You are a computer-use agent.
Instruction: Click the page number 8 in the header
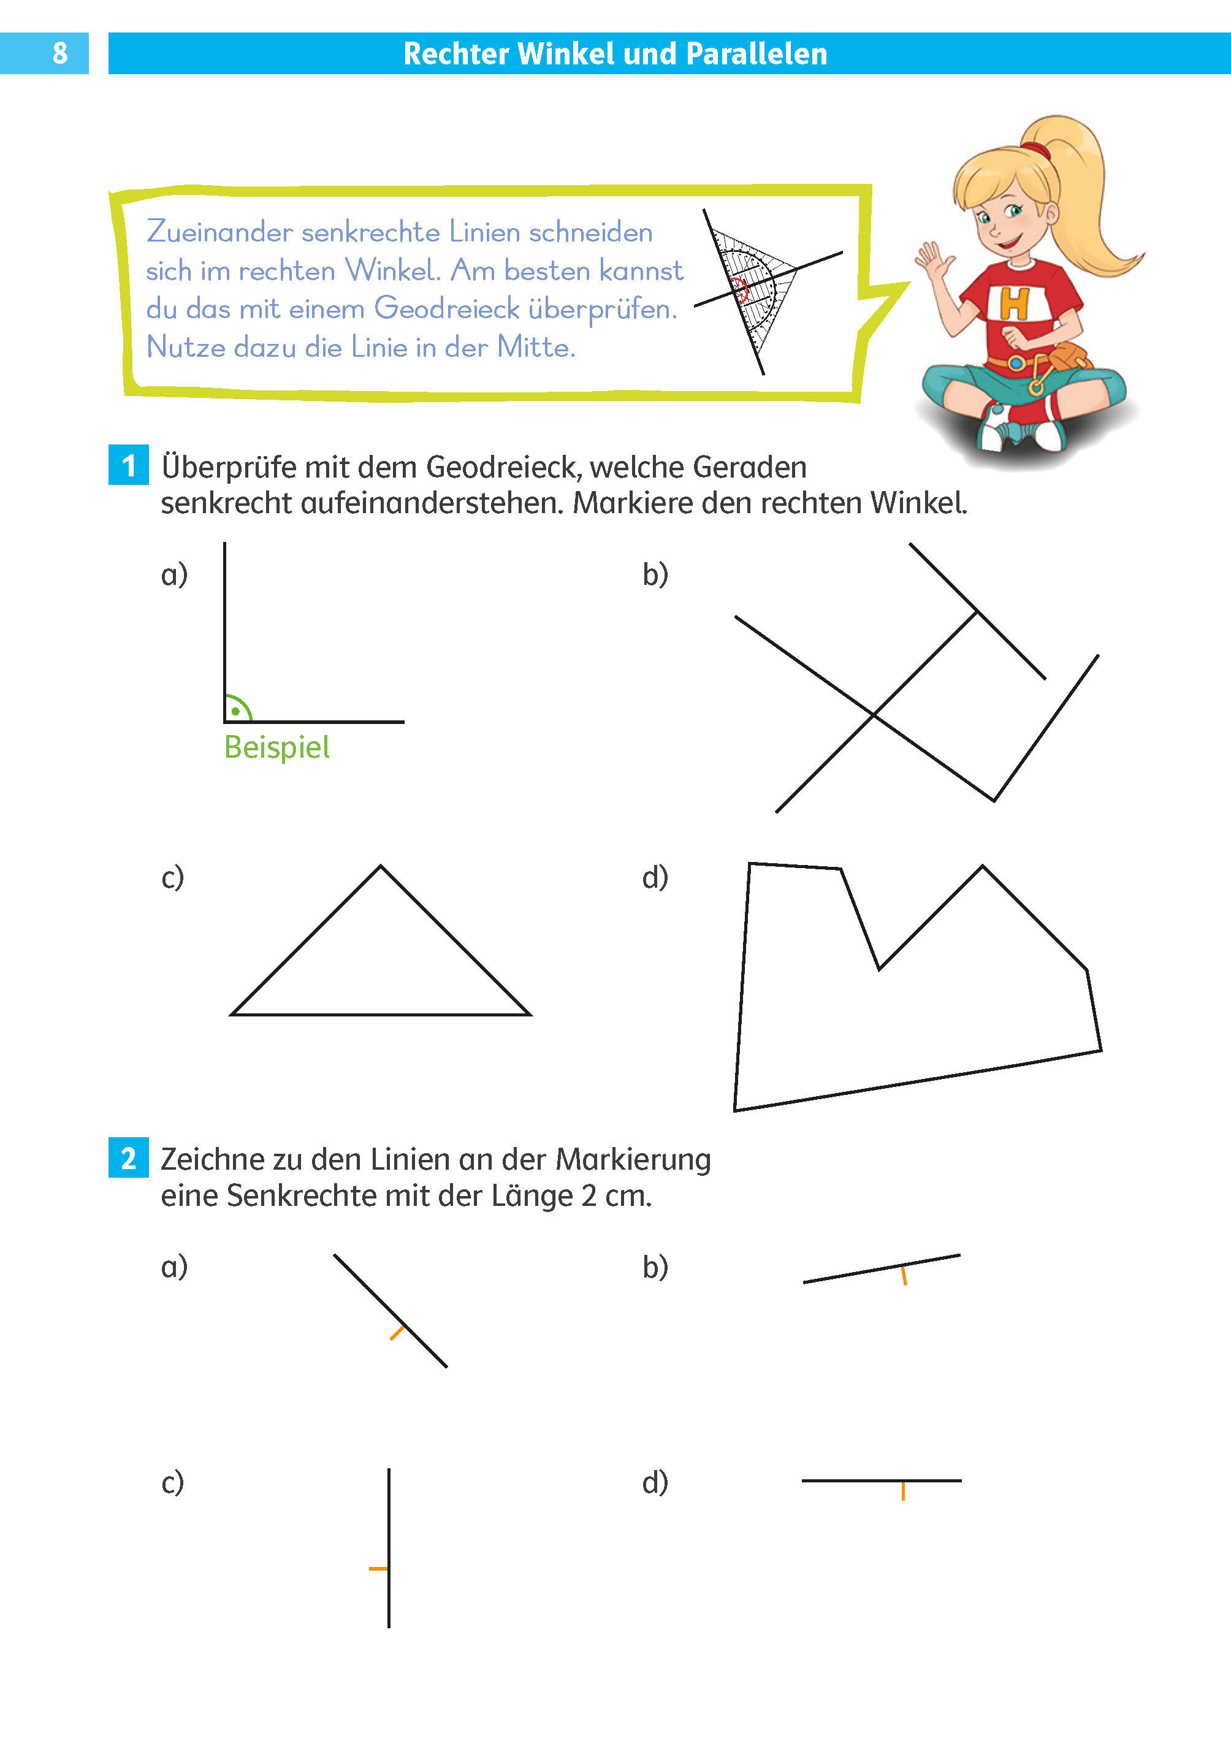coord(60,53)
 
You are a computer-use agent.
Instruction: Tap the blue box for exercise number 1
coord(128,465)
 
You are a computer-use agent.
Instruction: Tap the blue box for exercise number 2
coord(128,1158)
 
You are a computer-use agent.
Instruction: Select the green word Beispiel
coord(276,747)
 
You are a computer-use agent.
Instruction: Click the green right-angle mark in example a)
coord(237,709)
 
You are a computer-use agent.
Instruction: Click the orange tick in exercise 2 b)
coord(904,1275)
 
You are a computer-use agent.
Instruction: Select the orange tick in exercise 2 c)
coord(378,1568)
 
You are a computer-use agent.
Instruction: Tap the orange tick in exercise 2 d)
coord(903,1491)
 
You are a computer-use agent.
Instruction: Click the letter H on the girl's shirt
coord(1014,303)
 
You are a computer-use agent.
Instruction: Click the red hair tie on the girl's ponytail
coord(1035,148)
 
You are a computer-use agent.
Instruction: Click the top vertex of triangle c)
coord(381,867)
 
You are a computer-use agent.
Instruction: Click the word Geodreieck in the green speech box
coord(446,308)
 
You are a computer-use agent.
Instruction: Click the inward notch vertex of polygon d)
coord(879,968)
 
